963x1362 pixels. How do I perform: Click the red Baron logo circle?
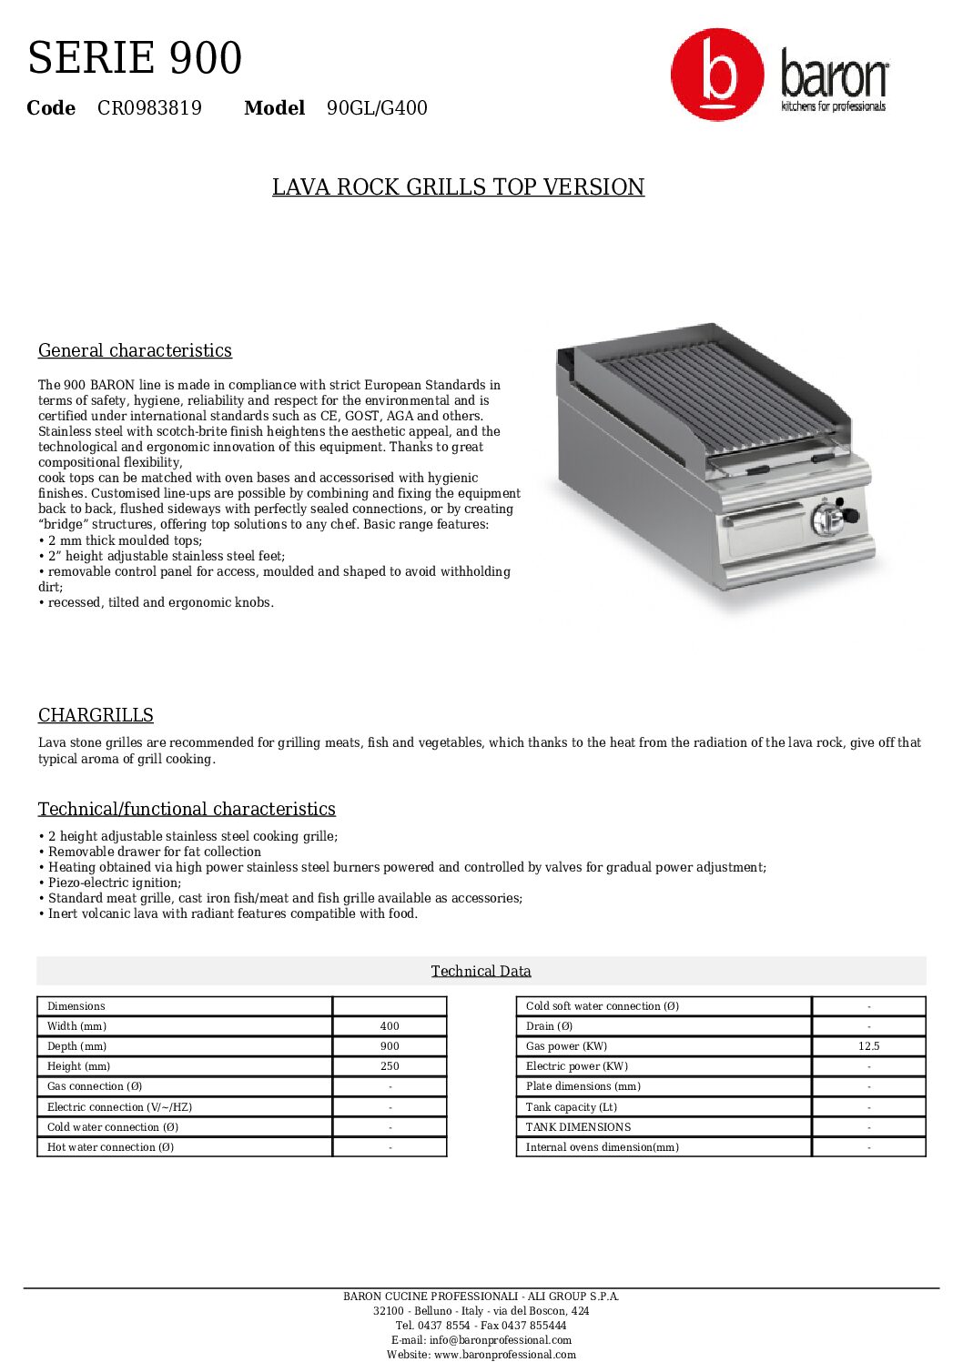click(x=716, y=75)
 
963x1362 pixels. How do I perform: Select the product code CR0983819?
click(x=149, y=108)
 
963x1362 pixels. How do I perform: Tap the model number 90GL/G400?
click(x=377, y=108)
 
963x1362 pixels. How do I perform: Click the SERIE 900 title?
click(x=135, y=58)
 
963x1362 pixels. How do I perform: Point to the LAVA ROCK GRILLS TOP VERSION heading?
click(x=458, y=187)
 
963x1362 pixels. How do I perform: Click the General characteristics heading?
click(x=135, y=350)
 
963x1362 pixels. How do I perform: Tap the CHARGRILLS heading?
click(x=96, y=715)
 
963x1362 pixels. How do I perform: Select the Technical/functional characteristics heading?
click(x=187, y=809)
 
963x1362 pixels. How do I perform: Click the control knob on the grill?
click(x=829, y=519)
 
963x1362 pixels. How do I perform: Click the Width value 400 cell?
click(x=390, y=1026)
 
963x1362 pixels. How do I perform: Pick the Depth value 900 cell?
click(x=390, y=1046)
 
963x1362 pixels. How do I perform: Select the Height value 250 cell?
click(x=390, y=1066)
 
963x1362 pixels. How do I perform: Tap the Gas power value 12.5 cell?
click(x=868, y=1046)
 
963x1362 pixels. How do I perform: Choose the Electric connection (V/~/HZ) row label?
click(x=119, y=1107)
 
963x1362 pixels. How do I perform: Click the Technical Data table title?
click(x=481, y=971)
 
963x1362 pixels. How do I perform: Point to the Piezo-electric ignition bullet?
click(x=115, y=883)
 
